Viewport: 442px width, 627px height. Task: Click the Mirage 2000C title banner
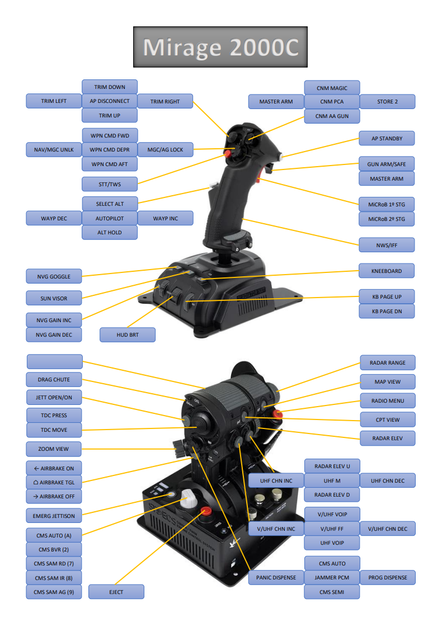(220, 47)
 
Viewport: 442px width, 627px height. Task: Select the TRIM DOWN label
(110, 87)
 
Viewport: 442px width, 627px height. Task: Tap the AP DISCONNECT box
(110, 101)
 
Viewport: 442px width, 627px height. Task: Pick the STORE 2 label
(387, 101)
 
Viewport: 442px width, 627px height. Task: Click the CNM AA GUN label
(332, 116)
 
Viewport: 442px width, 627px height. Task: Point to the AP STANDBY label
(387, 138)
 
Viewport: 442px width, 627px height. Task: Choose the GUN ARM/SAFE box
(387, 164)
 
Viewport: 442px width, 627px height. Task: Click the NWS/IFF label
(387, 244)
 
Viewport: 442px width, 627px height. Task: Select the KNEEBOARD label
(387, 271)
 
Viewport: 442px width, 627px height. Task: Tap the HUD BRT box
(128, 334)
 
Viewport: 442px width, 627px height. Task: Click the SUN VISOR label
(54, 298)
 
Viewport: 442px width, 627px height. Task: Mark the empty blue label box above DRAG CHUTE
(54, 361)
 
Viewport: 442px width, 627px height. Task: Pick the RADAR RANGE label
(387, 362)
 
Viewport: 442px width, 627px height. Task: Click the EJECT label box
(116, 592)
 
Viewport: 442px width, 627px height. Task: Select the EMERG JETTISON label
(54, 515)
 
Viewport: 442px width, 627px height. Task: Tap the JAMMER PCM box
(332, 577)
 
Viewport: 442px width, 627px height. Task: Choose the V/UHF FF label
(332, 529)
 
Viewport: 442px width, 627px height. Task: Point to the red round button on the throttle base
(206, 511)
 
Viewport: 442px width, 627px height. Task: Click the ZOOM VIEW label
(54, 449)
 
